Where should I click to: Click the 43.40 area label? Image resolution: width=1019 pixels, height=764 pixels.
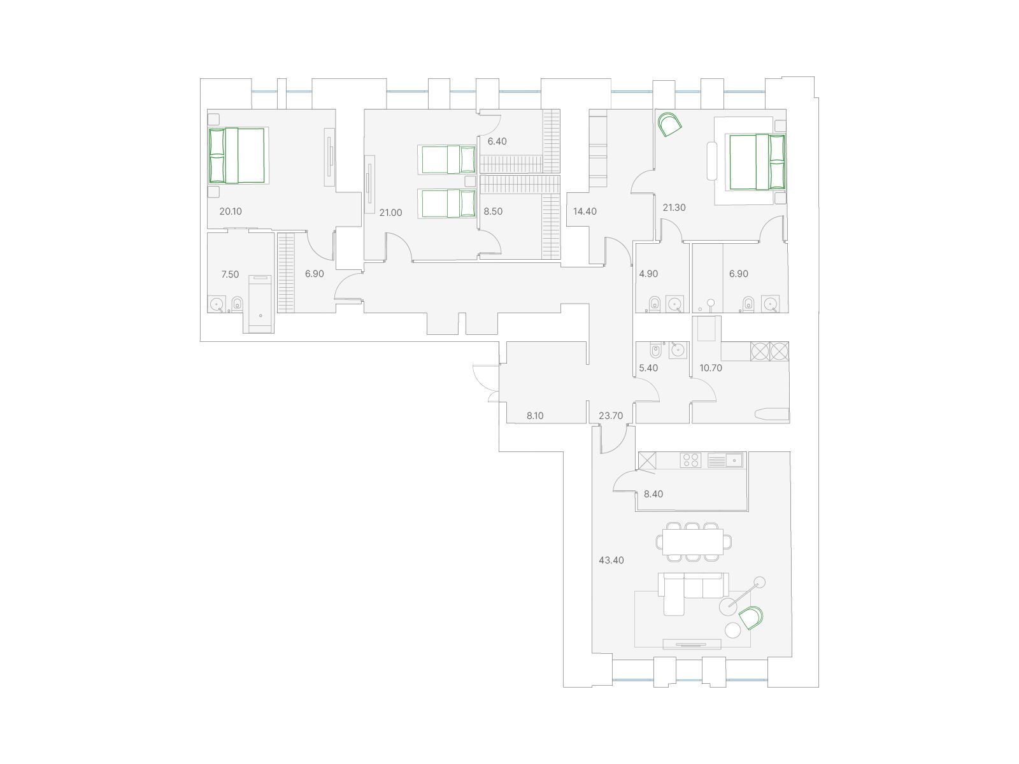click(611, 560)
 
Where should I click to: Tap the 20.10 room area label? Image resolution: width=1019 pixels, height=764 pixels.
click(231, 211)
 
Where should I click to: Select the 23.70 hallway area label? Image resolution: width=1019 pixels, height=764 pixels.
click(611, 416)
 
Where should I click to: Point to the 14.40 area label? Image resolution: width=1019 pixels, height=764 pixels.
click(585, 211)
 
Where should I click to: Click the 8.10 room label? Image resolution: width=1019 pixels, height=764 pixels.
click(535, 416)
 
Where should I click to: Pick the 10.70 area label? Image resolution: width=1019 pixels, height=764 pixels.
click(711, 368)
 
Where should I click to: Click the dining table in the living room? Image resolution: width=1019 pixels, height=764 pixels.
click(693, 542)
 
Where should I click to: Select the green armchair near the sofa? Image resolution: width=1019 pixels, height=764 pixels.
click(751, 618)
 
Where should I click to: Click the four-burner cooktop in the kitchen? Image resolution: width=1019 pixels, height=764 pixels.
click(690, 460)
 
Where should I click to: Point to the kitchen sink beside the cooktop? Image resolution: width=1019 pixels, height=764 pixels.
click(725, 460)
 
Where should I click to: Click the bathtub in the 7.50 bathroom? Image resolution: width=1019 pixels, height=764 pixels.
click(260, 304)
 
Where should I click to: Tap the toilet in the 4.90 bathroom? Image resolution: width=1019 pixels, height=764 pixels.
click(655, 304)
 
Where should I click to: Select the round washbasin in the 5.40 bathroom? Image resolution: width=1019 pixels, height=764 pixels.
click(678, 350)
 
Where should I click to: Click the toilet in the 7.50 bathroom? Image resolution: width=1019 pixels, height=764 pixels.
click(237, 304)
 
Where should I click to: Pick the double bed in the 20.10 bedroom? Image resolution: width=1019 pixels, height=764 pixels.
click(237, 156)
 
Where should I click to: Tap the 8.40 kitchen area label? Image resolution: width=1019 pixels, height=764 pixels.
click(653, 494)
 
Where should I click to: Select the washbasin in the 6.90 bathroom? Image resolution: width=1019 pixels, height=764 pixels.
click(771, 304)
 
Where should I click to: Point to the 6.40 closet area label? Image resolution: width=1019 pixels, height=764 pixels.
click(497, 141)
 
